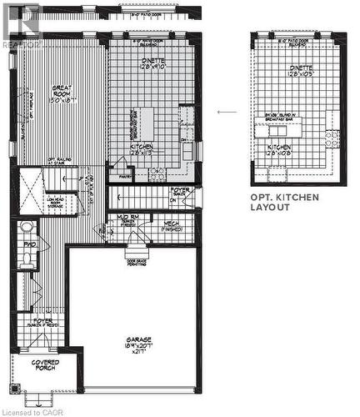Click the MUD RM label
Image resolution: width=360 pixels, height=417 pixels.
129,219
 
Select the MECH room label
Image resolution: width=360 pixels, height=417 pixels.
172,224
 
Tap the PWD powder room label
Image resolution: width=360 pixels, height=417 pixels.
28,244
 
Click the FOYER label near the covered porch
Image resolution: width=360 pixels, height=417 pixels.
42,322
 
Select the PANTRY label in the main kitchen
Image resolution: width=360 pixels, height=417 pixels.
127,177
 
